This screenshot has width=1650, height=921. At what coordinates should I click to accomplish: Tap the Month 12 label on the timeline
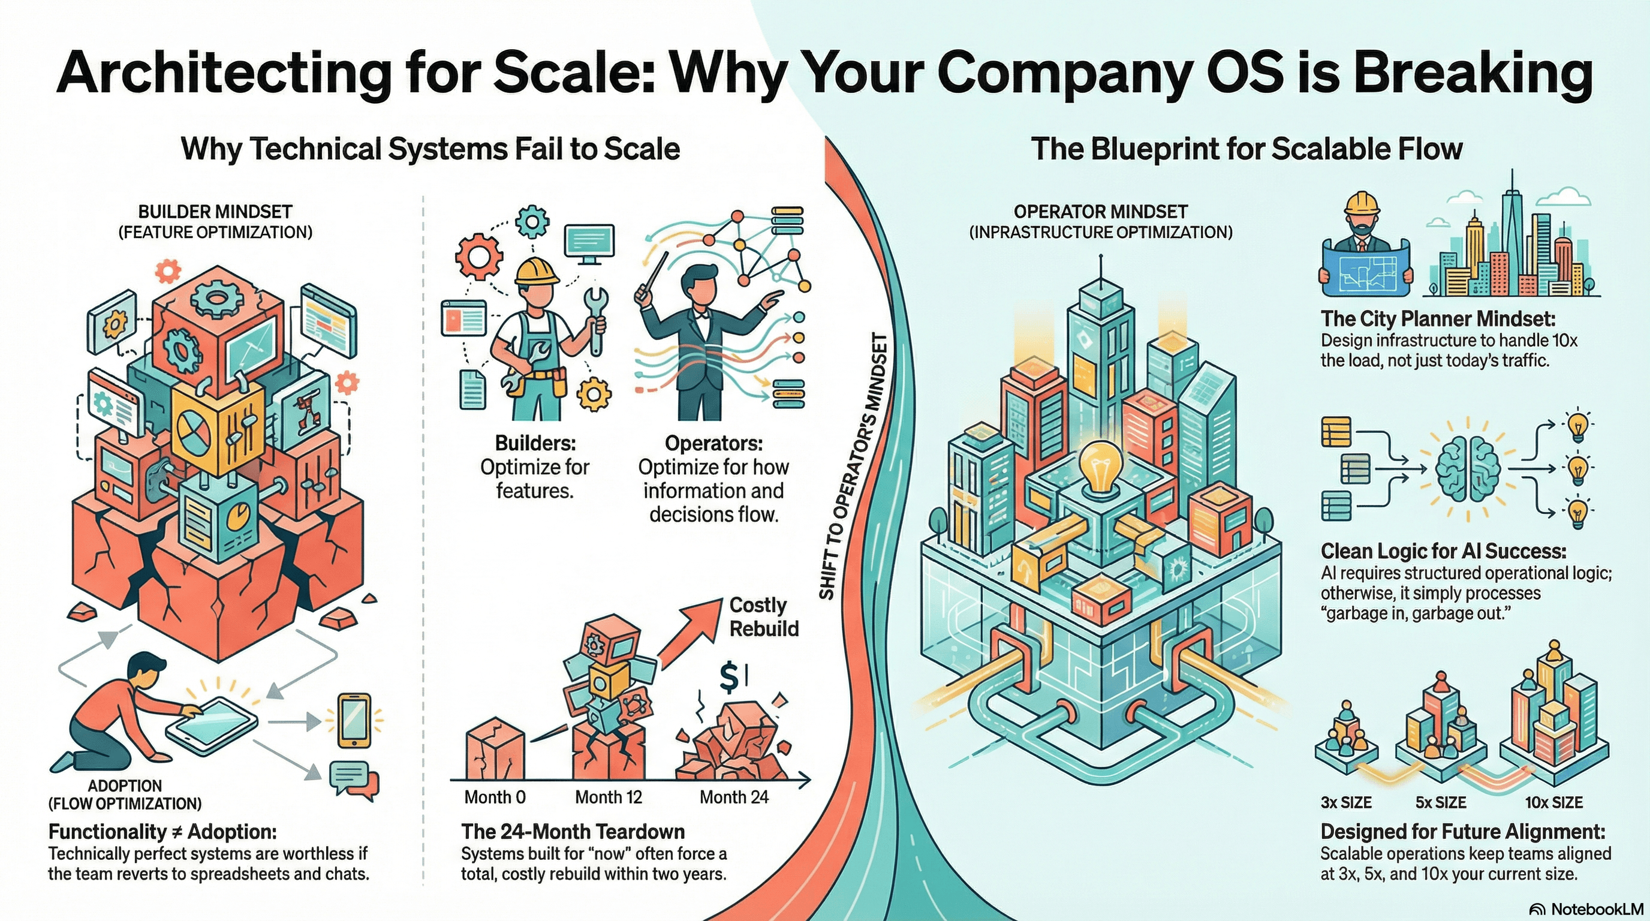click(x=608, y=797)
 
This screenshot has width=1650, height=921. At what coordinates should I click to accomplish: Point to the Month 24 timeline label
click(x=733, y=797)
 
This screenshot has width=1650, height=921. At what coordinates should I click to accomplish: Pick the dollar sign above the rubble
click(x=729, y=678)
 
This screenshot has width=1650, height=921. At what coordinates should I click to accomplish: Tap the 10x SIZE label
click(x=1553, y=802)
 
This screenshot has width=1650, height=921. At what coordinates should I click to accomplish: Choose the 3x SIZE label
click(x=1346, y=802)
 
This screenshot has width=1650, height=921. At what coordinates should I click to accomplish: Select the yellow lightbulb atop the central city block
click(x=1100, y=467)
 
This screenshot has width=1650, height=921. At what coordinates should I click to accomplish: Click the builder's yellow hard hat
click(x=537, y=270)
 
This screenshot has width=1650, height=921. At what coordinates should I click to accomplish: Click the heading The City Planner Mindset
click(x=1437, y=319)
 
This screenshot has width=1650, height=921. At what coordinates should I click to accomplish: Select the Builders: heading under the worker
click(x=535, y=443)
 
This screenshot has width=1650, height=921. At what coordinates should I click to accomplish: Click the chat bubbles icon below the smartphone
click(x=353, y=780)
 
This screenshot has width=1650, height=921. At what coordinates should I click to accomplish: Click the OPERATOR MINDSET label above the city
click(x=1100, y=212)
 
